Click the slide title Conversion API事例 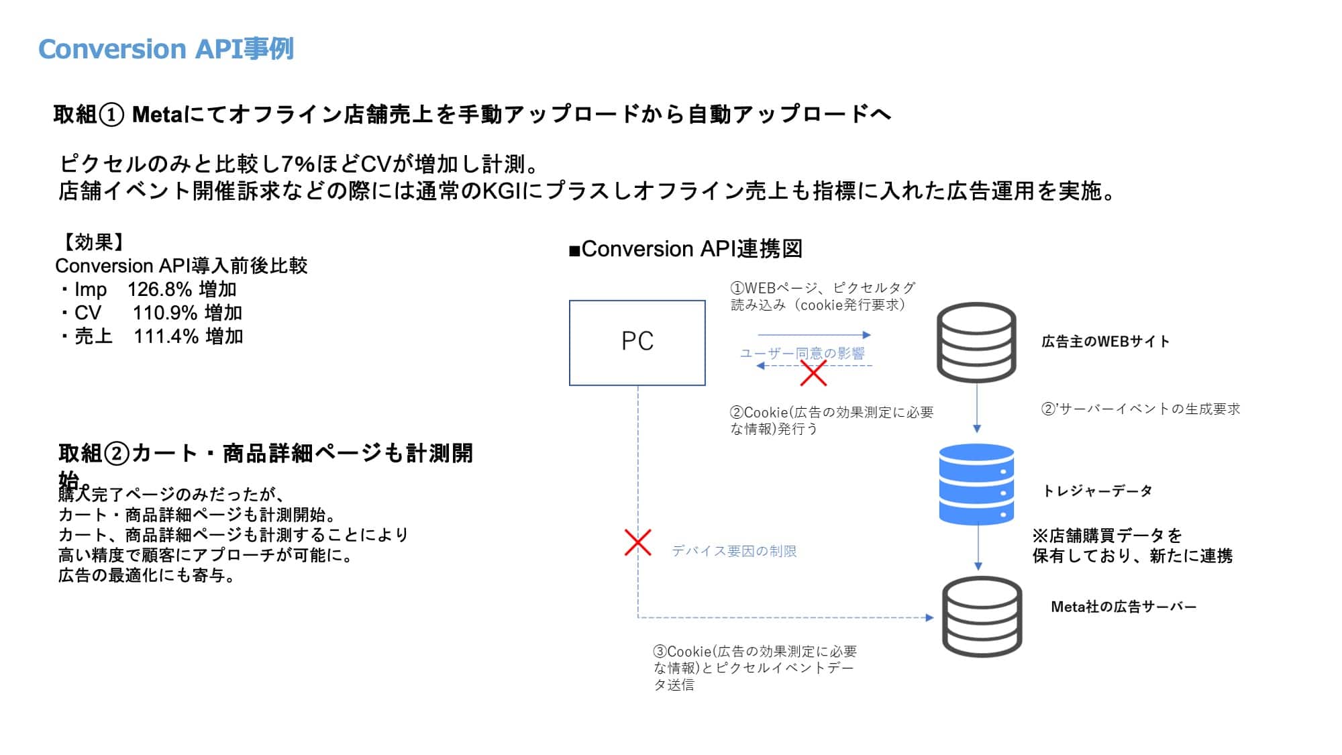coord(166,49)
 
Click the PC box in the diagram coord(637,342)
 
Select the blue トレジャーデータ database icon coord(976,483)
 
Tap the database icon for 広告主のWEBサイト coord(976,342)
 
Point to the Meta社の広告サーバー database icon coord(982,616)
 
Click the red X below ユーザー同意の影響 coord(813,373)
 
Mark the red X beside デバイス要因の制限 coord(637,543)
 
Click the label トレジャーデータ coord(1097,491)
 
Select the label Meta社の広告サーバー coord(1123,607)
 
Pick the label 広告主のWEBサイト coord(1105,342)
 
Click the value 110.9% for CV coord(165,313)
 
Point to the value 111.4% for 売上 coord(166,336)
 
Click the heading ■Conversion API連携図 coord(685,249)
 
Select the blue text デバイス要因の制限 coord(734,551)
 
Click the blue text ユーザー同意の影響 coord(802,353)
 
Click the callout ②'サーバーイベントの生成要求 coord(1140,409)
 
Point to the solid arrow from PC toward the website coord(814,334)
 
